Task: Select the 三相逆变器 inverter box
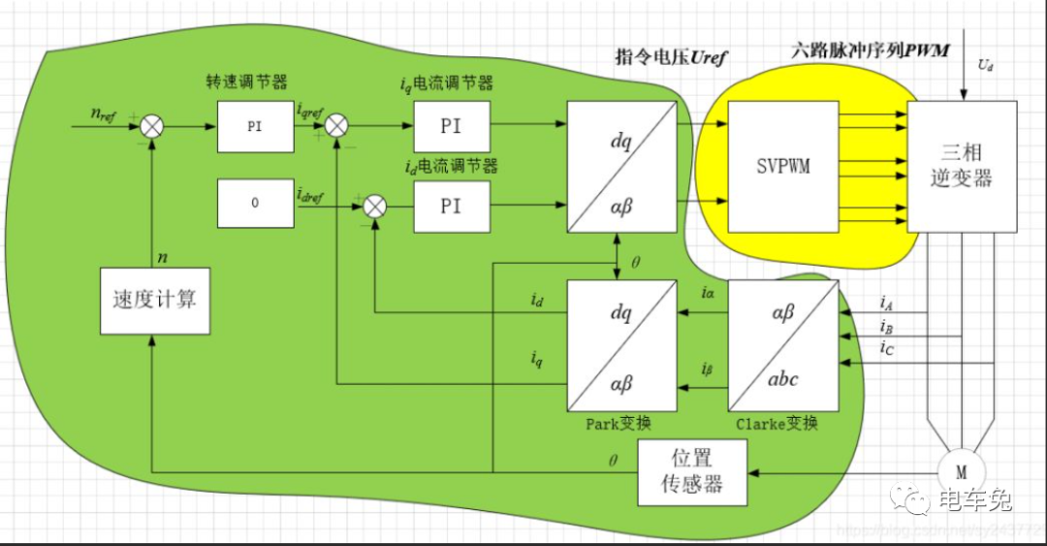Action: click(x=962, y=166)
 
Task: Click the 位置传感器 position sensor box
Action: click(x=692, y=471)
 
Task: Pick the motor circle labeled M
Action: click(x=962, y=472)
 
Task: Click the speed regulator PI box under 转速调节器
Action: click(x=254, y=126)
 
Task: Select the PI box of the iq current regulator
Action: click(x=451, y=126)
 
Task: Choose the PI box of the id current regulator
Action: click(x=451, y=206)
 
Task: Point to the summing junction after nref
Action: click(x=153, y=126)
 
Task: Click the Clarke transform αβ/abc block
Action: click(x=783, y=344)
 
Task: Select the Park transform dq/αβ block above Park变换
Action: click(x=620, y=344)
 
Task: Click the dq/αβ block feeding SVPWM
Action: click(x=620, y=167)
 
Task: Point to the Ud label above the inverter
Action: click(x=985, y=66)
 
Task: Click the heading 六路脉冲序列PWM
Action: click(x=870, y=49)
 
